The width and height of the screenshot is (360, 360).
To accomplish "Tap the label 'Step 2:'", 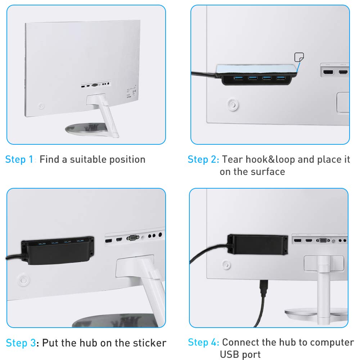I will [203, 159].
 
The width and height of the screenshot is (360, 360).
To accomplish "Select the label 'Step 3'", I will [21, 343].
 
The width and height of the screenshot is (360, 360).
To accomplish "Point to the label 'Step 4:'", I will [203, 342].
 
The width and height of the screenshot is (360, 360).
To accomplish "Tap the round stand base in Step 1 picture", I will [86, 129].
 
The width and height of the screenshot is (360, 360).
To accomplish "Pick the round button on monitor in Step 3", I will [23, 280].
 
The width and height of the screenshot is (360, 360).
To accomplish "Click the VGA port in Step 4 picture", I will [323, 240].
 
